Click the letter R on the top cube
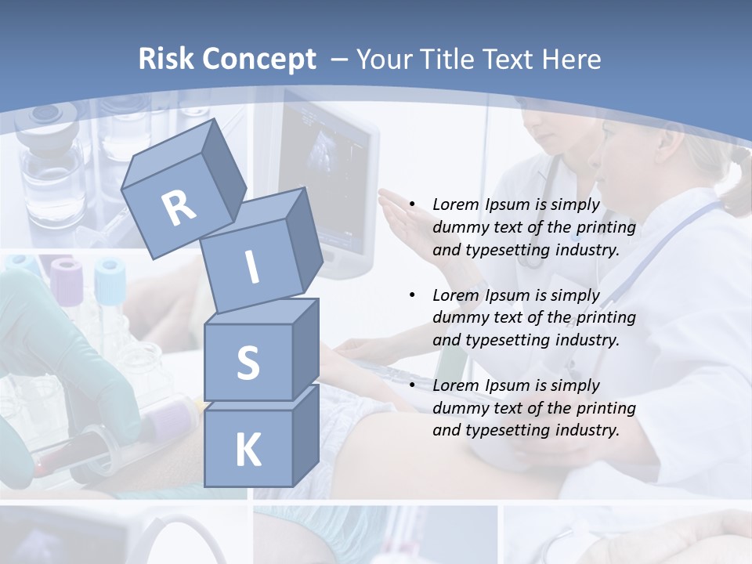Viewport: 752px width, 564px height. point(179,208)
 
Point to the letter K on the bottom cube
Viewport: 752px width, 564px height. point(248,450)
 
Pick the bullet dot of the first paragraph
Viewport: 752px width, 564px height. point(412,205)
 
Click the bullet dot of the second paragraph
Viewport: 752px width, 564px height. point(412,295)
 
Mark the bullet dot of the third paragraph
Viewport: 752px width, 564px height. point(412,385)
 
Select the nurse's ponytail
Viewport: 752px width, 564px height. point(736,184)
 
